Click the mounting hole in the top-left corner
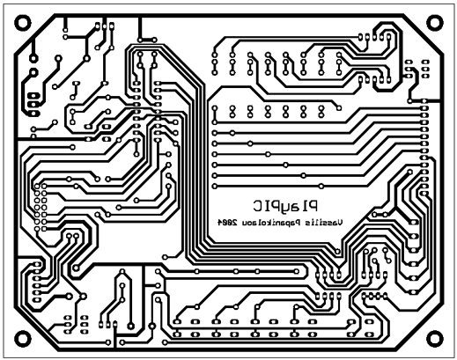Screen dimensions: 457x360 coord(23,23)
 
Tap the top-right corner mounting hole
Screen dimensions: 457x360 coord(435,23)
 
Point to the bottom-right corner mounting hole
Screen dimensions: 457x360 coord(435,339)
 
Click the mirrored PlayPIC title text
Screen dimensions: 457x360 coord(285,206)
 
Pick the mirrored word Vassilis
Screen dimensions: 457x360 coord(324,223)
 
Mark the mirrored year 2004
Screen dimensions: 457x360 coord(227,223)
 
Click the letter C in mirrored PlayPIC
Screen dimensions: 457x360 coord(258,206)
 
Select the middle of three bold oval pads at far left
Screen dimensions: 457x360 coord(33,104)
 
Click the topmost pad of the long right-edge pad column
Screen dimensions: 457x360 coord(424,101)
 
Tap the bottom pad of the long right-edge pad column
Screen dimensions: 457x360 coord(424,194)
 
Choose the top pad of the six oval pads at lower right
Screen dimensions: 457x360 coord(414,222)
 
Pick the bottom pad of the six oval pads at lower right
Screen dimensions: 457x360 coord(414,292)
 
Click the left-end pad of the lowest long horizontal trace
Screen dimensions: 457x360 coord(215,186)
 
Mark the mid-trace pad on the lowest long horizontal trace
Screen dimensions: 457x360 coord(321,186)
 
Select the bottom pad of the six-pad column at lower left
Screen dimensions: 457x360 coord(37,300)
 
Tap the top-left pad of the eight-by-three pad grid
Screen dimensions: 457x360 coord(215,55)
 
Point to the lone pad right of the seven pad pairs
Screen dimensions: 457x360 coord(339,108)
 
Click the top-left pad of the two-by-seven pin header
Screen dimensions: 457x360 coord(37,186)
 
